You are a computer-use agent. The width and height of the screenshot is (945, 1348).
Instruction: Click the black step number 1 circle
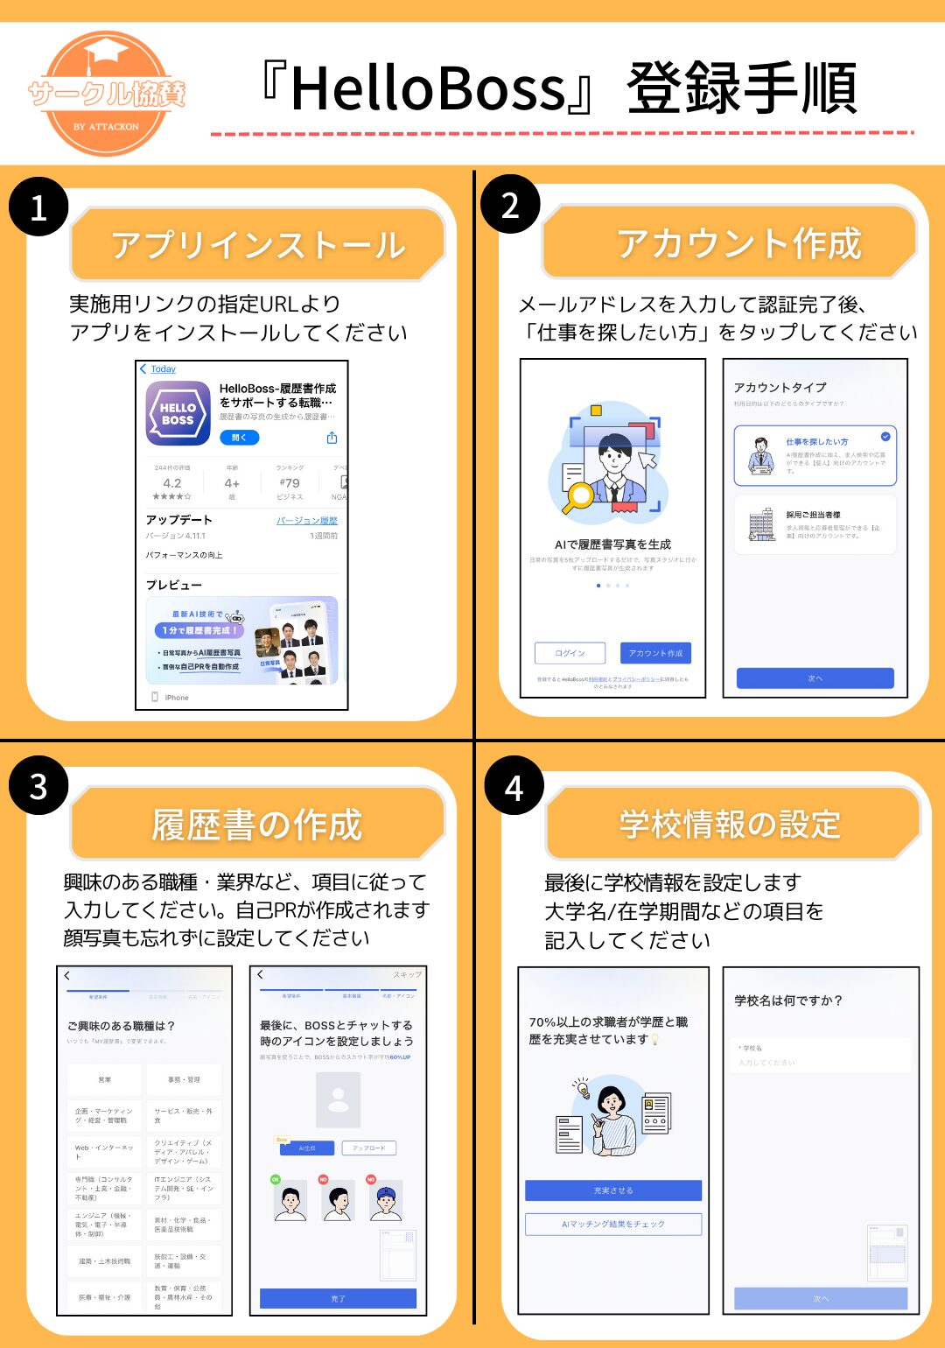click(x=38, y=207)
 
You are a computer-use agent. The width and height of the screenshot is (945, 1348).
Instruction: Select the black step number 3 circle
click(x=38, y=786)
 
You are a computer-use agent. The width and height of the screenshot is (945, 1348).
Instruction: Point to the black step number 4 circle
click(x=514, y=786)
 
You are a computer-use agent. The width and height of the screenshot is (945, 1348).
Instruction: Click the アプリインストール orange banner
click(x=257, y=244)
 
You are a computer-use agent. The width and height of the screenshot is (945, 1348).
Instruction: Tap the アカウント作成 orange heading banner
click(x=730, y=242)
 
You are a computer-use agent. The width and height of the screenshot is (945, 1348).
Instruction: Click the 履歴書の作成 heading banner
click(x=257, y=824)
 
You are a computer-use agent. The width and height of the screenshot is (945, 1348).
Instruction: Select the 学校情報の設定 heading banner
click(x=731, y=824)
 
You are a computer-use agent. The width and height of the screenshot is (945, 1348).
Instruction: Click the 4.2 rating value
click(x=172, y=483)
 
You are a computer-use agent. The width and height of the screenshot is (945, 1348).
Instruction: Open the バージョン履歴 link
click(x=307, y=521)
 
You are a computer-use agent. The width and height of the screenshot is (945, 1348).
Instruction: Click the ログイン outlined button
click(x=570, y=653)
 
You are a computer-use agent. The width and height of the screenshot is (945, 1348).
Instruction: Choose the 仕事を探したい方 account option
click(x=815, y=455)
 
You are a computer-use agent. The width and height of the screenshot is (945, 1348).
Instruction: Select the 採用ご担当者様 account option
click(x=815, y=524)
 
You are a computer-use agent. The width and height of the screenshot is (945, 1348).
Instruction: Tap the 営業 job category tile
click(x=105, y=1079)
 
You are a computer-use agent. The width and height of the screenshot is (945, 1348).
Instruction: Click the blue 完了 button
click(x=338, y=1298)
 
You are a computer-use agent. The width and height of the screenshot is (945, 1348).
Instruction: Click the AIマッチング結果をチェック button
click(x=613, y=1224)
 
